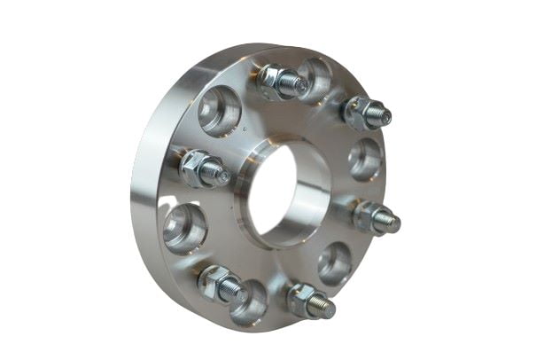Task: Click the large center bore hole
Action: point(285,191)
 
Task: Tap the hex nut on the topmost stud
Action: point(274,81)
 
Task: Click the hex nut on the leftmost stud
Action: point(196,167)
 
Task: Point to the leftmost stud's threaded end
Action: point(219,175)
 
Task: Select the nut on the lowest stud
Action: point(303,299)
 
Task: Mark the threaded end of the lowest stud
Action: point(325,308)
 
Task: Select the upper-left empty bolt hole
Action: point(219,111)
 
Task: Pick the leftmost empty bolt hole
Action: point(184,228)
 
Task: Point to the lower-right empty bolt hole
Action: point(336,262)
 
